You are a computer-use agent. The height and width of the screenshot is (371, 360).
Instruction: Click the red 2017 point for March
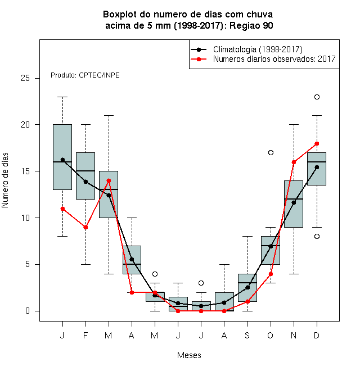[x=109, y=180]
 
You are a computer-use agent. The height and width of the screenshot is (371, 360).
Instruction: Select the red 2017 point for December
[x=317, y=143]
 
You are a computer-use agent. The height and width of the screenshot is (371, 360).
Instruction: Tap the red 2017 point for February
[x=85, y=228]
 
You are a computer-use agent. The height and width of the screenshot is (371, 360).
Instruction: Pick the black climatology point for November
[x=294, y=202]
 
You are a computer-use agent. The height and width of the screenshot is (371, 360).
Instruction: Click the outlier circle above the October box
[x=271, y=152]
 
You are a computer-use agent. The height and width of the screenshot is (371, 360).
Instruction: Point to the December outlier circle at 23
[x=317, y=97]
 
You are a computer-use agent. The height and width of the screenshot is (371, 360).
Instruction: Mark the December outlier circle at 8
[x=317, y=236]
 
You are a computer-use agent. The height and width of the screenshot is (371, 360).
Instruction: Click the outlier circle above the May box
[x=155, y=274]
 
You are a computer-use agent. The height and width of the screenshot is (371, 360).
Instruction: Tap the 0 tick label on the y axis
[x=28, y=311]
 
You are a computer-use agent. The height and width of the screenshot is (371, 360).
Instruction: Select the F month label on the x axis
[x=85, y=335]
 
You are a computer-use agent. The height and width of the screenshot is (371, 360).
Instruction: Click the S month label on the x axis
[x=247, y=335]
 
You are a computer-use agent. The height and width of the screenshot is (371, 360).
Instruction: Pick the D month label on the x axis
[x=317, y=335]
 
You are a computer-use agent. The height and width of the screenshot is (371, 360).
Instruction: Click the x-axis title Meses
[x=189, y=355]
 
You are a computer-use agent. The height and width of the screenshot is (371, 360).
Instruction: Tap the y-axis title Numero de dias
[x=5, y=180]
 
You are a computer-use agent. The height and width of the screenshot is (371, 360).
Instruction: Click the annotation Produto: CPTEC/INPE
[x=85, y=75]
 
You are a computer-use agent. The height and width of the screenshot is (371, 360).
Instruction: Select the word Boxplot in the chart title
[x=120, y=15]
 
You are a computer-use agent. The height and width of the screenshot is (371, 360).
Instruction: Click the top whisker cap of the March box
[x=109, y=115]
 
